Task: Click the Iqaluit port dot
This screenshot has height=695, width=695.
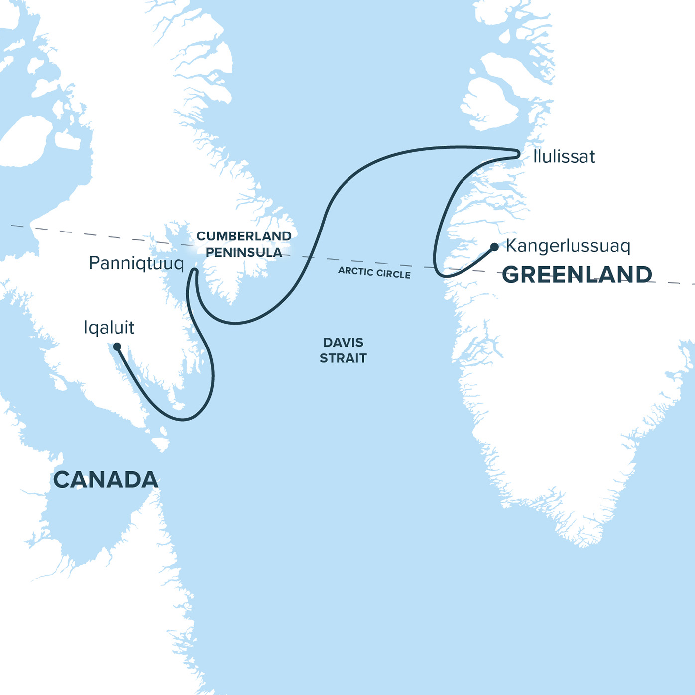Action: tap(117, 347)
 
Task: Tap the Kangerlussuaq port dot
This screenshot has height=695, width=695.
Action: tap(494, 247)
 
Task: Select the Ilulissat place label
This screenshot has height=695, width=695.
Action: tap(564, 157)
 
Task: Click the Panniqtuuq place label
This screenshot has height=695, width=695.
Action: tap(136, 263)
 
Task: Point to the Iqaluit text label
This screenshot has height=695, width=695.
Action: tap(109, 328)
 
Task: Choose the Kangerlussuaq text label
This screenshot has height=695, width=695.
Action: tap(568, 246)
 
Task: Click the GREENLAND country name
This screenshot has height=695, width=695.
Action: tap(577, 275)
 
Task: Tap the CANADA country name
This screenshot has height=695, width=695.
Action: tap(106, 480)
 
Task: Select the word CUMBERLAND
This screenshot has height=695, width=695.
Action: tap(243, 236)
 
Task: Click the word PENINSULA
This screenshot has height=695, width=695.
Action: tap(243, 252)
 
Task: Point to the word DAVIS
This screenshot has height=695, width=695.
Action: tap(343, 343)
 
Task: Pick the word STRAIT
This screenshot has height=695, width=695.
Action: tap(343, 358)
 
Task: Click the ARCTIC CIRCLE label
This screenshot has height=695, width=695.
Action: tap(374, 273)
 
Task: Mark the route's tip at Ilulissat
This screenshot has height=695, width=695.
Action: tap(518, 154)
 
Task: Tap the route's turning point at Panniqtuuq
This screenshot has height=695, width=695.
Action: tap(195, 271)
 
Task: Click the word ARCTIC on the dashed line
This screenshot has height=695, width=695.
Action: tap(355, 271)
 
